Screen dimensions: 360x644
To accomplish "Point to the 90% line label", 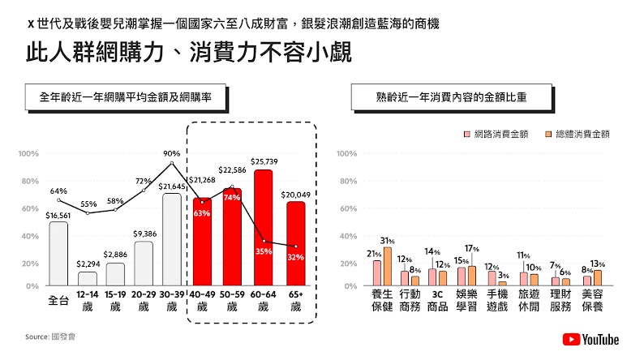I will (x=171, y=153).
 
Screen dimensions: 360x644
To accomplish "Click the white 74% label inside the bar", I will (x=232, y=198).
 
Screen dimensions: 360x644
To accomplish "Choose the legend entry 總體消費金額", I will (x=579, y=134).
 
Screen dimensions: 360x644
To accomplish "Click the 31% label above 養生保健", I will (x=388, y=241).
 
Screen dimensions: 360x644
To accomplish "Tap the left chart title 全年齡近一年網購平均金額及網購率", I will (x=127, y=96).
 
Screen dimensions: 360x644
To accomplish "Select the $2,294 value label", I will (x=87, y=264).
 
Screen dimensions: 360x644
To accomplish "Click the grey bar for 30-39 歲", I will (x=171, y=239).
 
